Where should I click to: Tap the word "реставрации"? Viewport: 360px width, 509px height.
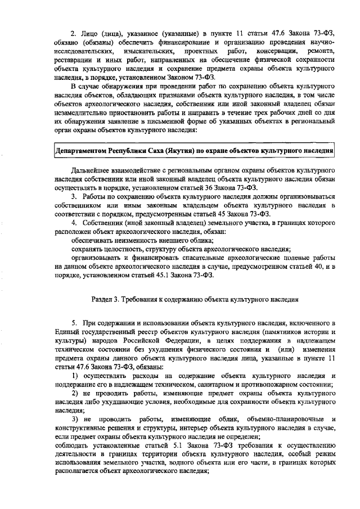tap(75, 60)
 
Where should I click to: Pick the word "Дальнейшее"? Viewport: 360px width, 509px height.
tap(92, 170)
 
